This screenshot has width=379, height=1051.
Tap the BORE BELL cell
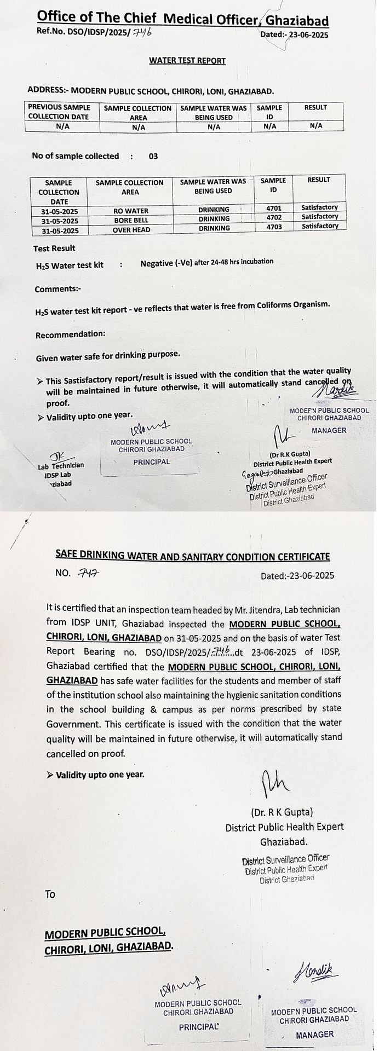point(130,220)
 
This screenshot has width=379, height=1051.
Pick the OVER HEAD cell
point(131,230)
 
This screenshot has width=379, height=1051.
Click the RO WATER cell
point(130,211)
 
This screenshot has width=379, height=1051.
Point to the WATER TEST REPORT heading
point(187,61)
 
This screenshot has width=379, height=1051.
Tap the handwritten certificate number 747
point(88,573)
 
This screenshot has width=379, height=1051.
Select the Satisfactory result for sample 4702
point(320,217)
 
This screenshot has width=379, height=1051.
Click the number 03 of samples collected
point(153,156)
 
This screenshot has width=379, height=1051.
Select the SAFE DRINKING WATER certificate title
point(193,556)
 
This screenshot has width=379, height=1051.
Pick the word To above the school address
point(50,894)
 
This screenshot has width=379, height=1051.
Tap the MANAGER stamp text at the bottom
point(315,1034)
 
